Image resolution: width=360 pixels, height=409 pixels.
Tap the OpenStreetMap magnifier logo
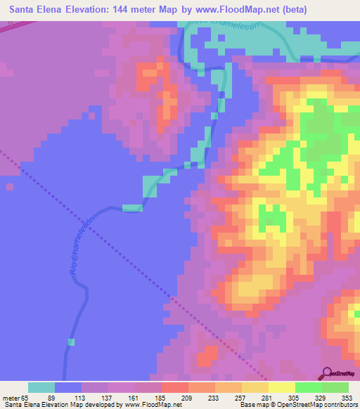tap(327, 373)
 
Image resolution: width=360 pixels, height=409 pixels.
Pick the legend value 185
tap(161, 397)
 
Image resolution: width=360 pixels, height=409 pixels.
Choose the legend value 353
tap(347, 397)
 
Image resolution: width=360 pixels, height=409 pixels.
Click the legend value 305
tap(294, 397)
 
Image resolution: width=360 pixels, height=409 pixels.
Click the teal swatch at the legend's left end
tap(41, 387)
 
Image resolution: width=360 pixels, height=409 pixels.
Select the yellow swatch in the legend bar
tap(281, 387)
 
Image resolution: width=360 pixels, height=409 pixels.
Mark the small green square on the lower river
tap(71, 342)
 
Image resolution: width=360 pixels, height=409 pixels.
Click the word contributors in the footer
tap(339, 405)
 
